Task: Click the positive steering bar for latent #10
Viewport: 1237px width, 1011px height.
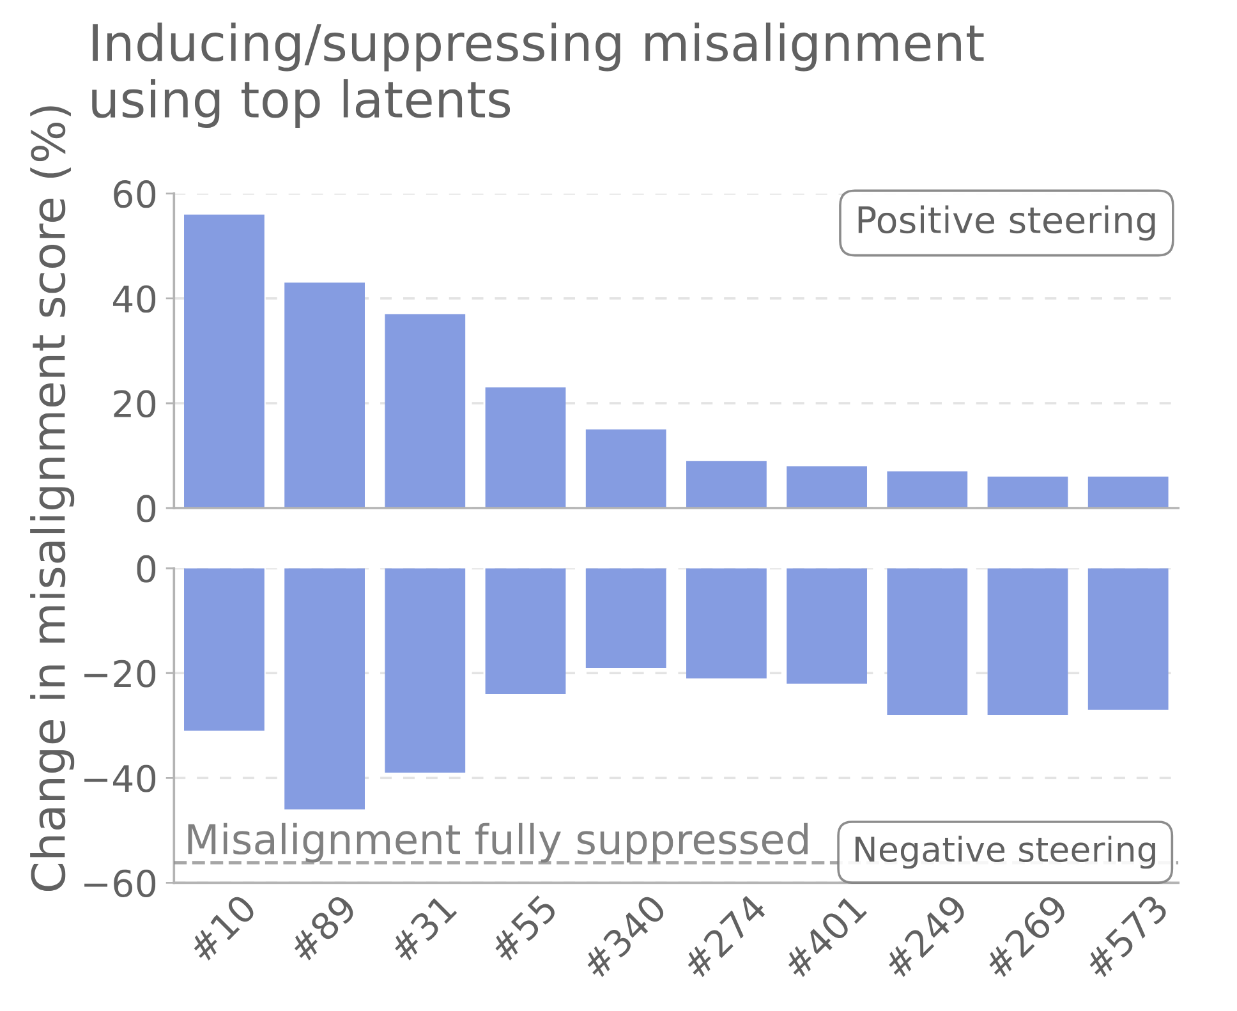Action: tap(224, 361)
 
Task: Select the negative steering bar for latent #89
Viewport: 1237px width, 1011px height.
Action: tap(324, 688)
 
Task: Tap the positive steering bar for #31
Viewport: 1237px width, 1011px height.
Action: tap(424, 411)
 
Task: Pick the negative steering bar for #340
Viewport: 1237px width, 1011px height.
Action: tap(626, 618)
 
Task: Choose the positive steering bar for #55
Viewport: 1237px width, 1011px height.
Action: tap(525, 447)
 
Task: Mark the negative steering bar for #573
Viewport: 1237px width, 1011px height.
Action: tap(1128, 639)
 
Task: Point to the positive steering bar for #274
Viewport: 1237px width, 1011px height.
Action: tap(726, 484)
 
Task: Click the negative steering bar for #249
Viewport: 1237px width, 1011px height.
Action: tap(926, 641)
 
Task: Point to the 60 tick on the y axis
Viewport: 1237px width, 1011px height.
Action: tap(134, 195)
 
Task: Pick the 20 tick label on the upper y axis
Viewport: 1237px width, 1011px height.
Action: tap(134, 405)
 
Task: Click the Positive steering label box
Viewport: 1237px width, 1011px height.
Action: tap(1006, 222)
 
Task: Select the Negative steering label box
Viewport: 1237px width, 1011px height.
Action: tap(1004, 851)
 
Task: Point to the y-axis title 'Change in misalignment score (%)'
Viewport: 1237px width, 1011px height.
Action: tap(49, 498)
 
